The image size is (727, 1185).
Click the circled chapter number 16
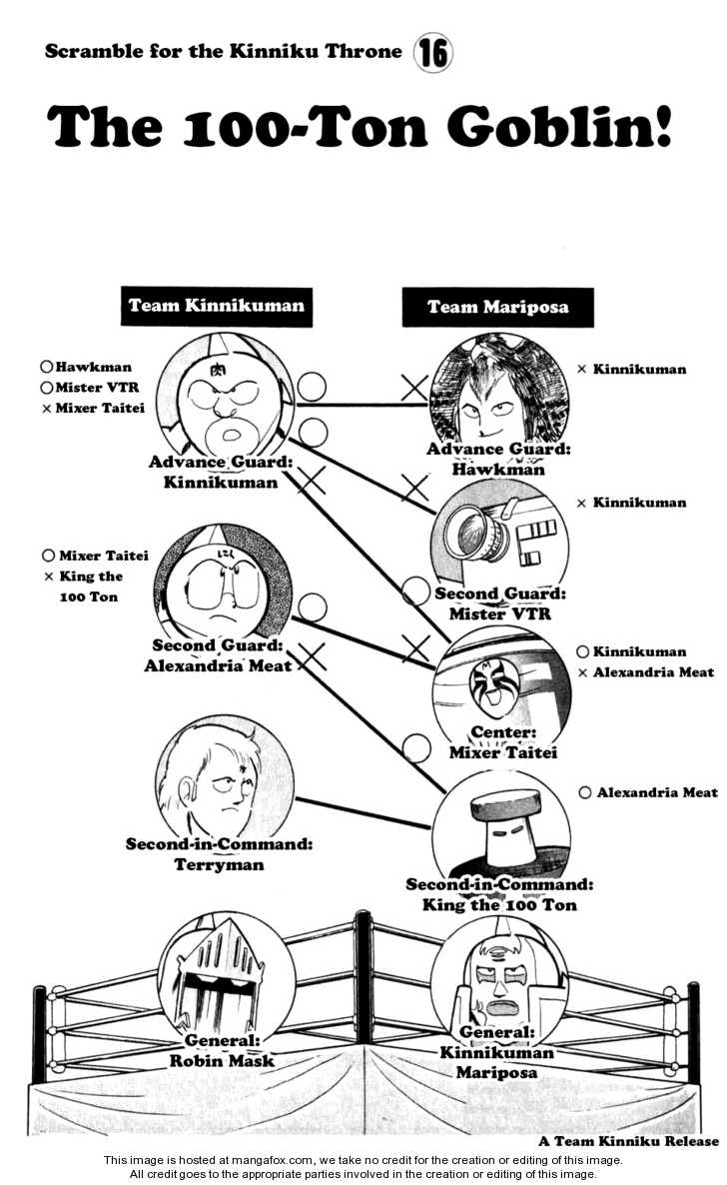click(x=432, y=53)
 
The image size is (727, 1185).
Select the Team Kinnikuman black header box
click(x=216, y=307)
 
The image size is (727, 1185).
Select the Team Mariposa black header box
click(x=497, y=307)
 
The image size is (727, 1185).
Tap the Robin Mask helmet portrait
click(x=227, y=975)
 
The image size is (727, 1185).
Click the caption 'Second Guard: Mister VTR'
click(x=500, y=603)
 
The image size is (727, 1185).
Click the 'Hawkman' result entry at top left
click(x=93, y=368)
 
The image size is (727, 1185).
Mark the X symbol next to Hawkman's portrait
click(x=413, y=387)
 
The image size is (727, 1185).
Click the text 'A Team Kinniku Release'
click(x=628, y=1141)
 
